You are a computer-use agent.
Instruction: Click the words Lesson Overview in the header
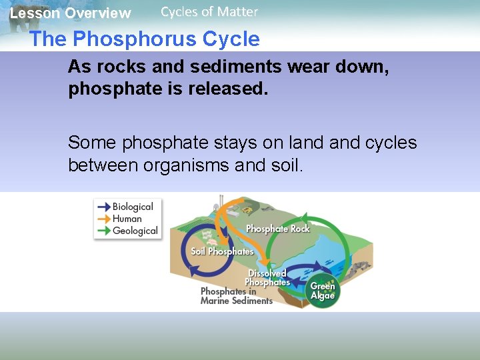(x=70, y=13)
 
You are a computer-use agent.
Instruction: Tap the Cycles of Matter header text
(x=209, y=11)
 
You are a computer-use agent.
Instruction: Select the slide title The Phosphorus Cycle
(x=145, y=39)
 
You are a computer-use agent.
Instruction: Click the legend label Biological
(x=133, y=207)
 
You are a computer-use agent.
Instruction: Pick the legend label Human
(x=127, y=219)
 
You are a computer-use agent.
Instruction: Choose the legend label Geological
(x=135, y=231)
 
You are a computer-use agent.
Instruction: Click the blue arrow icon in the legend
(x=103, y=207)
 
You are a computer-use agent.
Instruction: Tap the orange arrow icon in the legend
(x=103, y=219)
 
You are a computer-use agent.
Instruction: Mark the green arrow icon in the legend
(x=103, y=231)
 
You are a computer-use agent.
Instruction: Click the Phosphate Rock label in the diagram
(x=277, y=229)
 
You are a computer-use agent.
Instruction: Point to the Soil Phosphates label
(x=222, y=251)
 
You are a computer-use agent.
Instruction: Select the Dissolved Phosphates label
(x=267, y=278)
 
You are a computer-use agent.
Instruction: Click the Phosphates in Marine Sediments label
(x=236, y=296)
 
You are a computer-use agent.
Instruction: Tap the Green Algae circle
(x=323, y=291)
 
